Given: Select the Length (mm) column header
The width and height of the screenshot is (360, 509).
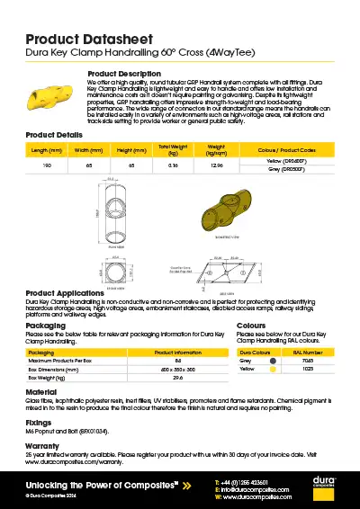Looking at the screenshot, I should click(x=45, y=149).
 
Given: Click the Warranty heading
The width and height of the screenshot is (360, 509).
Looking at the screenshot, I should click(x=43, y=445).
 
